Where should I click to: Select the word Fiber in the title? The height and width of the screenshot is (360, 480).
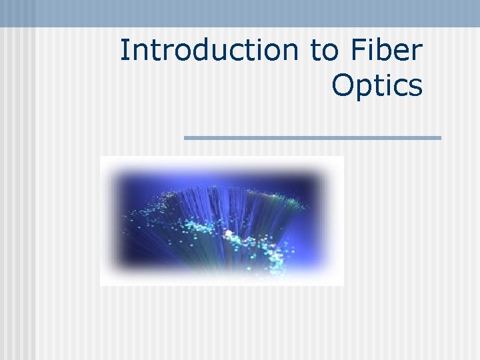pos(386,51)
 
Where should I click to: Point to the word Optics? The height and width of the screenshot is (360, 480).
pos(377,86)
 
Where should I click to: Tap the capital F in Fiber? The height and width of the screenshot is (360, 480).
pos(357,51)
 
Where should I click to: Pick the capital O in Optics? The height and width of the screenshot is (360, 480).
pos(341,85)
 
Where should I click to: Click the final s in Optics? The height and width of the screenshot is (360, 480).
pos(415,87)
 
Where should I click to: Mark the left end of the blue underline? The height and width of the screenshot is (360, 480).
pos(186,138)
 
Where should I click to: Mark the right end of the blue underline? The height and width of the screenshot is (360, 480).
pos(439,138)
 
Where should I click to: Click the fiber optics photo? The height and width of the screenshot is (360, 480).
pos(221,221)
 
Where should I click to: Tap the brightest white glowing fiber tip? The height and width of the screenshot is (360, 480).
pos(228,234)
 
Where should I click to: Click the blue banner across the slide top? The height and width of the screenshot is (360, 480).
pos(240,13)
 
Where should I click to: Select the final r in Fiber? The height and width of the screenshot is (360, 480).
pos(417,53)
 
